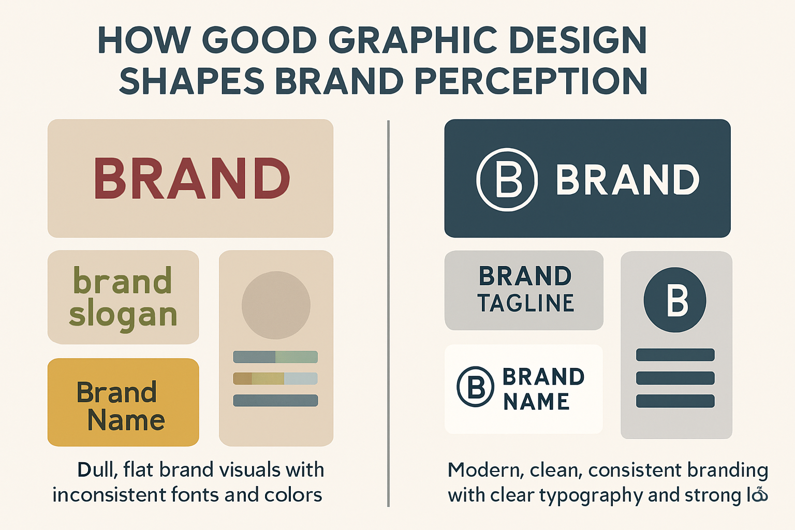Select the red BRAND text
pos(192,179)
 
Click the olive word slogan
pos(123,314)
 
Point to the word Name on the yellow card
pos(126,420)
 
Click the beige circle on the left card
pos(276,305)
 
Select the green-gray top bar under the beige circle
pos(275,357)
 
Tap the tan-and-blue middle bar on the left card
pos(275,378)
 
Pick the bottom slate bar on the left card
pos(275,400)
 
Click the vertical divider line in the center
pos(388,311)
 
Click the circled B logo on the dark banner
pos(507,180)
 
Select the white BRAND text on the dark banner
pos(627,180)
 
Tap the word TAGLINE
pos(526,303)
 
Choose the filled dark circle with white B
pos(675,300)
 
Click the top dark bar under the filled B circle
pos(675,355)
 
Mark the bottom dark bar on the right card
pos(675,401)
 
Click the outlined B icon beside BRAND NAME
pos(475,387)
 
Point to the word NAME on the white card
pos(536,402)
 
